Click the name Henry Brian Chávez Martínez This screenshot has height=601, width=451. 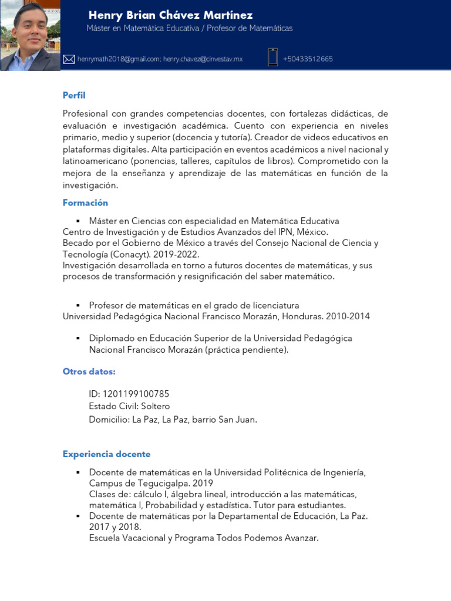170,15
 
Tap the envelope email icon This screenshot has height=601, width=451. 69,59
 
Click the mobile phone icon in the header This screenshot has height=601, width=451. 272,58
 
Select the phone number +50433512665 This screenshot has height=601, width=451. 308,59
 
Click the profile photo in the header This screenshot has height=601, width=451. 30,35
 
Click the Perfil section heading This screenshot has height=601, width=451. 74,95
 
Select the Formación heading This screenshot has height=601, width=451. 85,202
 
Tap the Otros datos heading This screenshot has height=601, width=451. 89,372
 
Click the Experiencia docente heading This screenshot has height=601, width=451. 106,454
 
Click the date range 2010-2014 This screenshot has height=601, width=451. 349,316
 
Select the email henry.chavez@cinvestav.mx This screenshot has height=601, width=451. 203,59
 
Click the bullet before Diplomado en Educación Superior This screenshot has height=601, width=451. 78,339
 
